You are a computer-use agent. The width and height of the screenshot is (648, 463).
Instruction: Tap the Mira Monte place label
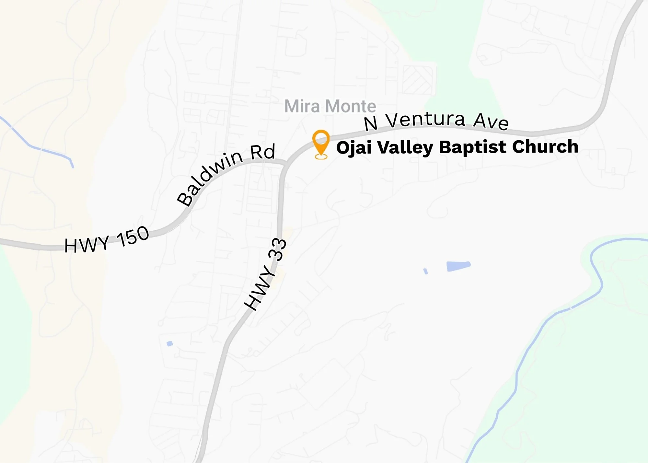pos(330,106)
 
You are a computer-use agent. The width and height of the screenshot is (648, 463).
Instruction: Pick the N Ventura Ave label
pos(436,121)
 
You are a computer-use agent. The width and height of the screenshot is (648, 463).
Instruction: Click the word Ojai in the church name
pos(354,147)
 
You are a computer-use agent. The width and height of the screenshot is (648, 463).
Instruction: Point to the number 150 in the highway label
pos(133,236)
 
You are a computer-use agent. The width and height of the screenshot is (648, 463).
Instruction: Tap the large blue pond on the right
pos(458,266)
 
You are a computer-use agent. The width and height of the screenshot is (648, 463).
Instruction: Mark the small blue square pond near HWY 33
pos(169,343)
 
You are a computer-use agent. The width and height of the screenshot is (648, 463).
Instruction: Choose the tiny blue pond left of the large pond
pos(426,271)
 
